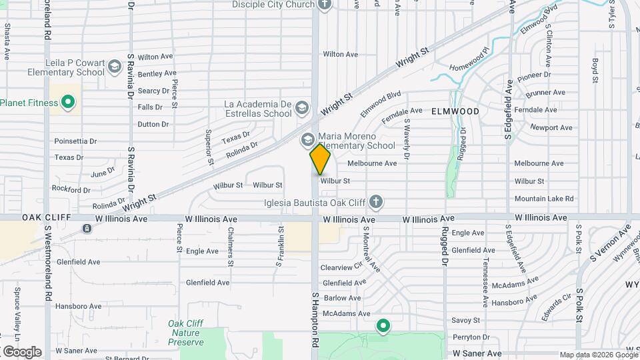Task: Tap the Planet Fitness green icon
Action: tap(67, 103)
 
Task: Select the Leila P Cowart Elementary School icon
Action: tap(115, 67)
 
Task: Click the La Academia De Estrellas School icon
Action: tap(302, 108)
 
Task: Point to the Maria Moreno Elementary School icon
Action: tap(307, 140)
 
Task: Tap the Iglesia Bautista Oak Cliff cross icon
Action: tap(376, 201)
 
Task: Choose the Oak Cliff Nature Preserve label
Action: tap(186, 333)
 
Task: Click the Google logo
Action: tap(21, 351)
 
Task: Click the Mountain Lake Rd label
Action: tap(544, 199)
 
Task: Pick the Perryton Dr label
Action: tap(471, 337)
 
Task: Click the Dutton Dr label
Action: tap(153, 124)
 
